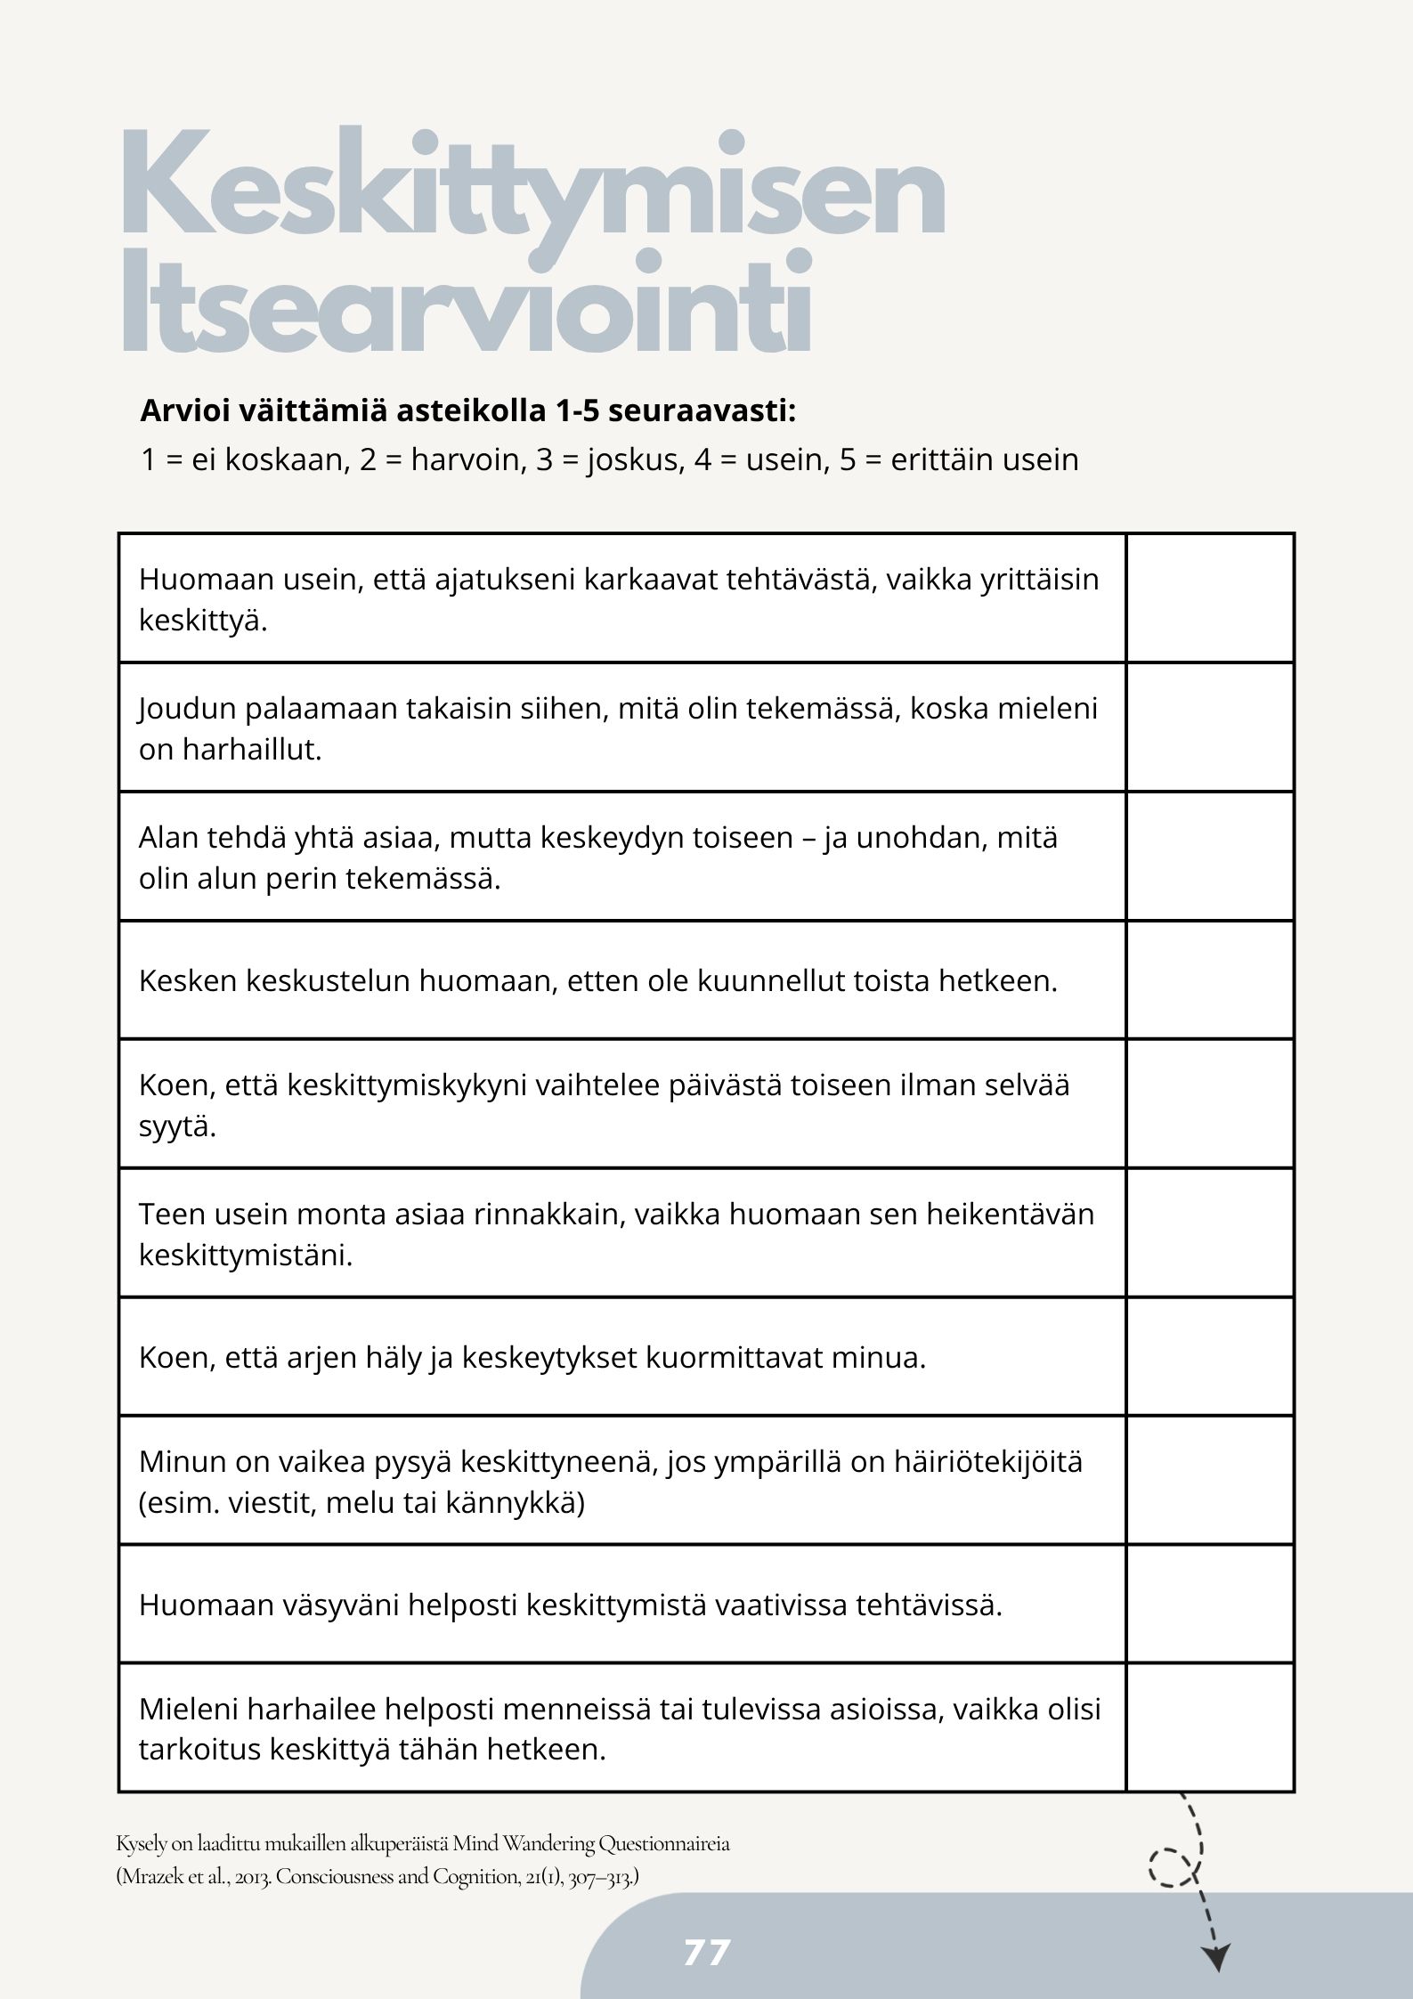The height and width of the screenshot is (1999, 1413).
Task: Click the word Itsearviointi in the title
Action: click(467, 303)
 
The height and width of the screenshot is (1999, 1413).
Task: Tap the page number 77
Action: click(707, 1953)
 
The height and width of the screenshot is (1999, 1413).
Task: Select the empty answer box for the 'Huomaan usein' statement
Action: click(1210, 598)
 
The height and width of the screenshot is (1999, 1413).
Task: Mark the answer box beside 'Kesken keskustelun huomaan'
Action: click(1210, 979)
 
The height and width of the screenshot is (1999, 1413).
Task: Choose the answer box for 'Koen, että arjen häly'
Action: click(1210, 1357)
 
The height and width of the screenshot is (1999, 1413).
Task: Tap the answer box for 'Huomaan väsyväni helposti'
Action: click(1210, 1605)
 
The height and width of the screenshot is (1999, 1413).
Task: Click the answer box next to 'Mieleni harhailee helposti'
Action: click(1210, 1728)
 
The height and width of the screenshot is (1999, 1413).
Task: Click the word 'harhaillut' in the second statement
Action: click(251, 750)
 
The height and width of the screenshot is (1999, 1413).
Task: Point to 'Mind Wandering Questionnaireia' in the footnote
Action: click(591, 1842)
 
